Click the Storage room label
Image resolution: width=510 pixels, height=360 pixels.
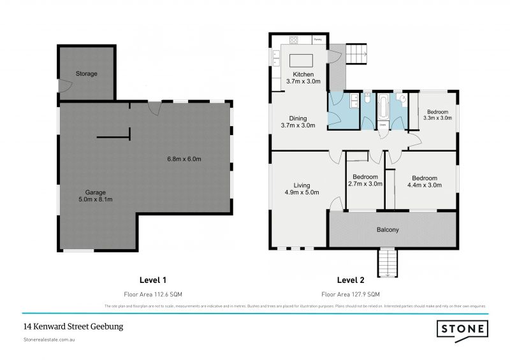click(x=87, y=74)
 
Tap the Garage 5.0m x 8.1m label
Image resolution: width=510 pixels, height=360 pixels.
click(x=96, y=196)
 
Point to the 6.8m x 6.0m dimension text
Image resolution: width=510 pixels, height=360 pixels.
click(x=186, y=159)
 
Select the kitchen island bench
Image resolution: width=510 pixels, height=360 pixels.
click(x=300, y=61)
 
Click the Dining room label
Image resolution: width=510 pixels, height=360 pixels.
click(x=298, y=122)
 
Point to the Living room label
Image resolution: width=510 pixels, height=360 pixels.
click(x=302, y=189)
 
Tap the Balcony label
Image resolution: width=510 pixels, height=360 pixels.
click(x=388, y=230)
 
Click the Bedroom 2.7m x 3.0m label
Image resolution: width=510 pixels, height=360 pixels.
click(x=365, y=180)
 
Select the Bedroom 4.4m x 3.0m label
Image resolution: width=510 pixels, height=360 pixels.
click(x=424, y=182)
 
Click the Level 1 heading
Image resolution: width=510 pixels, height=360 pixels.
click(x=153, y=280)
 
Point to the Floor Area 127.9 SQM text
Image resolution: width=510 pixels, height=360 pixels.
click(x=350, y=294)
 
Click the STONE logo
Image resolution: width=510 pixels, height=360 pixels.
click(x=462, y=329)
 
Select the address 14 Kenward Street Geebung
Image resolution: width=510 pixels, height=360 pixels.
click(x=73, y=326)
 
